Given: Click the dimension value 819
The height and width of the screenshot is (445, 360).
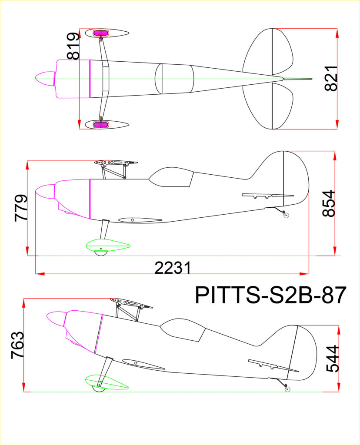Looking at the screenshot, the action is point(73,46).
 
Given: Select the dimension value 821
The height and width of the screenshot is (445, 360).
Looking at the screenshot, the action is point(331,79).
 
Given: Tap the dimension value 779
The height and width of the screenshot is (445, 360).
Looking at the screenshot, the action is point(21,208).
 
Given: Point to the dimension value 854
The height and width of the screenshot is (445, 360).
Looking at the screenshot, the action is point(329,203).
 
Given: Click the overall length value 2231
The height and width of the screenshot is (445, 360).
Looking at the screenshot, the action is point(173,268).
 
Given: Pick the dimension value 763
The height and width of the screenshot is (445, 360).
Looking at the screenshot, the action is point(17,345).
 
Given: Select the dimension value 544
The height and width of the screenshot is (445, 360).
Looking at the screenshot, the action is point(333,359).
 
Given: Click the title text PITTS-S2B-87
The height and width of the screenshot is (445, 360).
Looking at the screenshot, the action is point(270,295).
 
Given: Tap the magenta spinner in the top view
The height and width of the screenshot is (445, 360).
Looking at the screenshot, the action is point(45,79).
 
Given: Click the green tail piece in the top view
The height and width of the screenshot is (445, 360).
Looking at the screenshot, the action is point(298,79).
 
